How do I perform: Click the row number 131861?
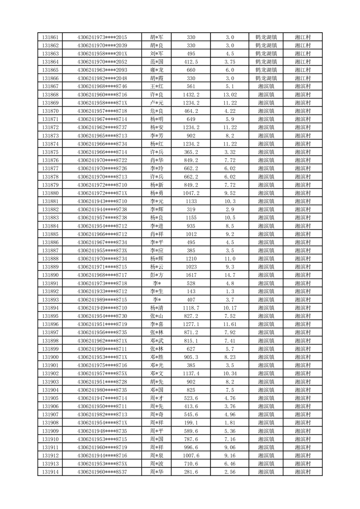(x=50, y=37)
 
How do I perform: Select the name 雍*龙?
(x=156, y=70)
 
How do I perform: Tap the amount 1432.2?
(x=191, y=94)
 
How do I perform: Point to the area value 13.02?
(x=230, y=94)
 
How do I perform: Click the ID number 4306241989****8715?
(x=102, y=299)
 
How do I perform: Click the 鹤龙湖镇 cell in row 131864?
(x=266, y=62)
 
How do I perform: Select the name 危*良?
(x=156, y=111)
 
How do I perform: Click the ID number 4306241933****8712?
(x=102, y=291)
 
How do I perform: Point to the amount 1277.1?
(x=191, y=324)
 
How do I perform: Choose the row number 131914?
(x=50, y=472)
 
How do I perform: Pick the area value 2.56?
(x=230, y=472)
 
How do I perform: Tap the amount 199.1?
(x=191, y=422)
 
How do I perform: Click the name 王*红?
(x=156, y=86)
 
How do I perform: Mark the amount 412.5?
(x=191, y=62)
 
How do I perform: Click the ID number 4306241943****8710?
(x=102, y=201)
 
